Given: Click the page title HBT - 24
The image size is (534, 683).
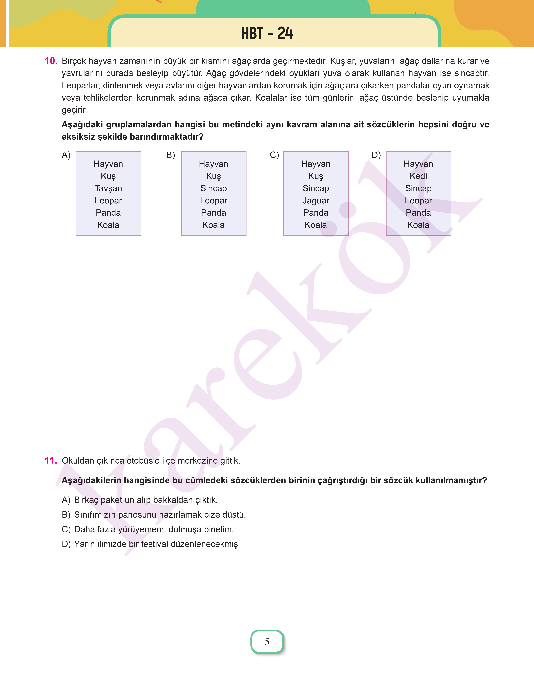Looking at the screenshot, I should coord(267,33).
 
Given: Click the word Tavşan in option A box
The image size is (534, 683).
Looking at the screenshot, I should coord(108,188).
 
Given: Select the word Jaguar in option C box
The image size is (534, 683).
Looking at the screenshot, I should coord(316,201).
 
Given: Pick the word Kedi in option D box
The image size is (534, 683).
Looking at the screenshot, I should coord(418,176).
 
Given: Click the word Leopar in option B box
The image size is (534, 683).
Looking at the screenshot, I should coord(214,201).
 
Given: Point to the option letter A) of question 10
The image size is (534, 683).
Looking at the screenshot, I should coord(66,155).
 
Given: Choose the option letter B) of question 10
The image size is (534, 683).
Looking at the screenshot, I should coord(170,155).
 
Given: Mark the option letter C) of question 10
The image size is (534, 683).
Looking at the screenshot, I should coord(274,155).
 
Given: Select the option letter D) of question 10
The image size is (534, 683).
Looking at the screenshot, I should coord(376,155).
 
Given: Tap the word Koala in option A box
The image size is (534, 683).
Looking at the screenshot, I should coord(108,225).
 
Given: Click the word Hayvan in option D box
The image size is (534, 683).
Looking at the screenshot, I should coord(418,164).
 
